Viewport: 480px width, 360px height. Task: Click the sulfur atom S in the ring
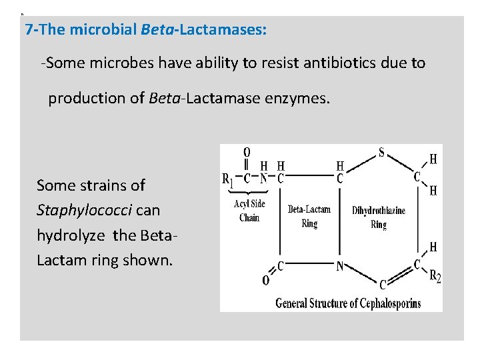pyautogui.click(x=382, y=152)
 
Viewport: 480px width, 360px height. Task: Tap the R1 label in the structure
pyautogui.click(x=227, y=178)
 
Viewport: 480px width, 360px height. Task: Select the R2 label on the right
pyautogui.click(x=435, y=277)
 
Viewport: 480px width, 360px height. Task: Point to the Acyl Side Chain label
pyautogui.click(x=249, y=211)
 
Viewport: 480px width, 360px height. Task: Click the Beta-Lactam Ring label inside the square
pyautogui.click(x=309, y=216)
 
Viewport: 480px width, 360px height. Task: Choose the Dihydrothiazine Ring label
pyautogui.click(x=378, y=217)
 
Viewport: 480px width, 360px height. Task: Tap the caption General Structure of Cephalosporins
pyautogui.click(x=349, y=303)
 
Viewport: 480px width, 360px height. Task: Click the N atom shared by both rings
pyautogui.click(x=340, y=266)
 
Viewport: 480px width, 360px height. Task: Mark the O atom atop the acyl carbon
pyautogui.click(x=247, y=152)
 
